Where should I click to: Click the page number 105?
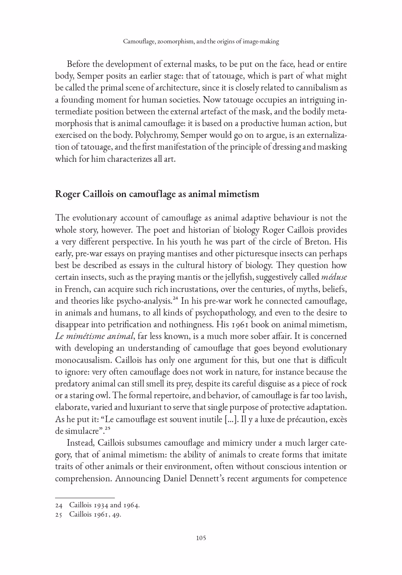[201, 538]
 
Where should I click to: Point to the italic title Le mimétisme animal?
[94, 336]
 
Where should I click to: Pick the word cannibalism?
[305, 88]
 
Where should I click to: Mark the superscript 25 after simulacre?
[108, 429]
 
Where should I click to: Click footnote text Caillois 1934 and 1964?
[104, 505]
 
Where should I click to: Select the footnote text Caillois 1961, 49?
[95, 515]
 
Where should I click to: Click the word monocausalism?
[83, 360]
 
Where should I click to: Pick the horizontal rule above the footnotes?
[85, 498]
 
